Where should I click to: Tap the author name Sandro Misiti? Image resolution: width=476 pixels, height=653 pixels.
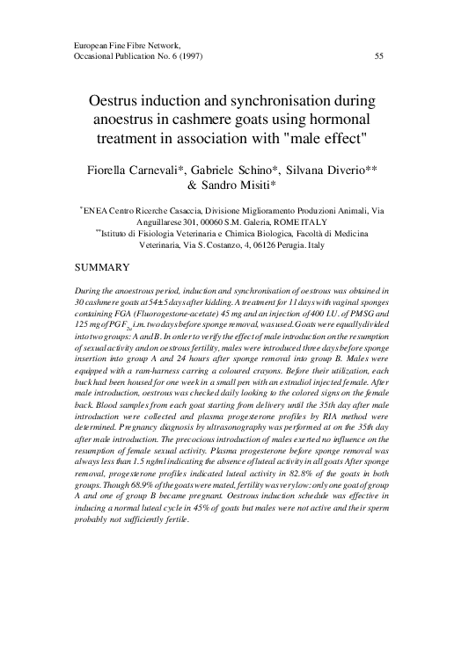click(246, 185)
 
